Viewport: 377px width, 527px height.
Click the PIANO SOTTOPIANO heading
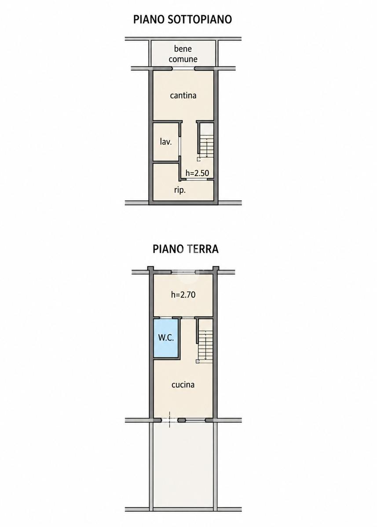coord(183,19)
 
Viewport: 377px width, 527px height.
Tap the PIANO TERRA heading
coord(186,249)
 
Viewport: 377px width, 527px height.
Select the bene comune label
coord(183,54)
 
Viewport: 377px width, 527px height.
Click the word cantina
coord(183,96)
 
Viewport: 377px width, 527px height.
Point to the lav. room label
coord(166,142)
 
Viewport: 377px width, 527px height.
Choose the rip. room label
coord(180,190)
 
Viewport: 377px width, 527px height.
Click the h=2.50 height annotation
coord(197,173)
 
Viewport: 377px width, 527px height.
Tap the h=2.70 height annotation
coord(183,295)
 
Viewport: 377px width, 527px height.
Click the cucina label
coord(183,391)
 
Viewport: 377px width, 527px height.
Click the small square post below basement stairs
coord(199,159)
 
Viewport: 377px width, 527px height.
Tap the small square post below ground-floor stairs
coord(198,361)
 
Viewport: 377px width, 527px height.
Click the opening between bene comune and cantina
coord(183,69)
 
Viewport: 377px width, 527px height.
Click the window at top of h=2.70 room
coord(183,272)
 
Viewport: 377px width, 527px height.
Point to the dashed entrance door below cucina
coord(169,420)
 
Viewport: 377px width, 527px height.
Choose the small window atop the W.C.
coord(166,318)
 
